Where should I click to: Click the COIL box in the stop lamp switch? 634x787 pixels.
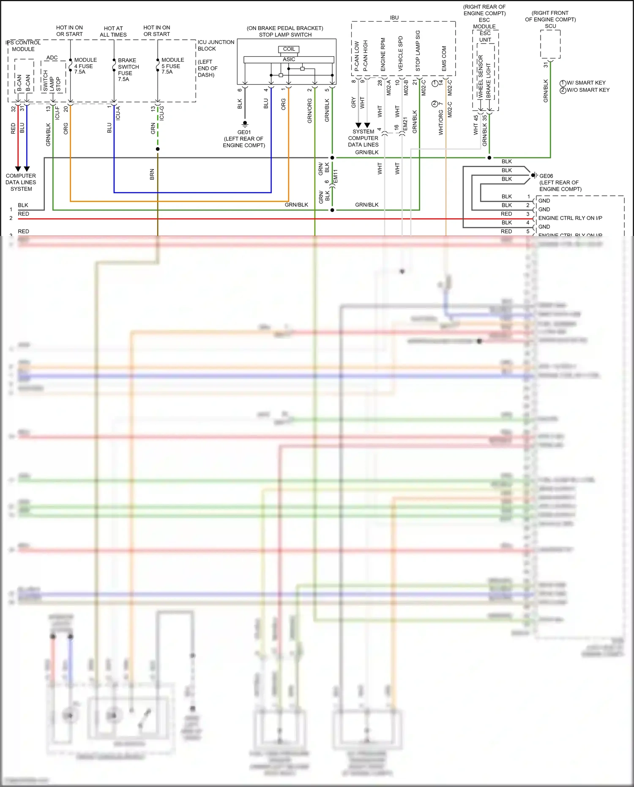click(x=289, y=49)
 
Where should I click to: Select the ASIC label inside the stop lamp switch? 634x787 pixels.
click(x=289, y=59)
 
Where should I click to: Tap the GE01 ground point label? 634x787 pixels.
click(x=244, y=132)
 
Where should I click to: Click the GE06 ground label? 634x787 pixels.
click(x=546, y=176)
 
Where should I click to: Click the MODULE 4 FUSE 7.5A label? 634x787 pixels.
click(x=85, y=66)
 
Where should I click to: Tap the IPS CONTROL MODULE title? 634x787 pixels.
click(x=23, y=46)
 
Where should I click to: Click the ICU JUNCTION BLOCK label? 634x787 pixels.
click(x=216, y=45)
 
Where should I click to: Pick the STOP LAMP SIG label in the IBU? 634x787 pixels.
click(x=418, y=51)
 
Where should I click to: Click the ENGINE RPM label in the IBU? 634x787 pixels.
click(x=383, y=55)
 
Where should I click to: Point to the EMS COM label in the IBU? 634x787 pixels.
click(x=444, y=58)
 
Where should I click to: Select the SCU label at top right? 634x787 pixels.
click(x=550, y=26)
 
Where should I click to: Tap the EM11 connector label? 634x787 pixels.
click(x=336, y=176)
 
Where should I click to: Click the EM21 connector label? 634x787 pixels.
click(x=405, y=124)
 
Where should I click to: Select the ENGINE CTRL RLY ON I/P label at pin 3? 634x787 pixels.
click(x=570, y=218)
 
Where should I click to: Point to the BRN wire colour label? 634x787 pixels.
click(x=152, y=174)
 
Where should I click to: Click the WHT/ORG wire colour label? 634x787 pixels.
click(x=441, y=123)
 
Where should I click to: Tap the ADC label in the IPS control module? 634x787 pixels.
click(x=52, y=58)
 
